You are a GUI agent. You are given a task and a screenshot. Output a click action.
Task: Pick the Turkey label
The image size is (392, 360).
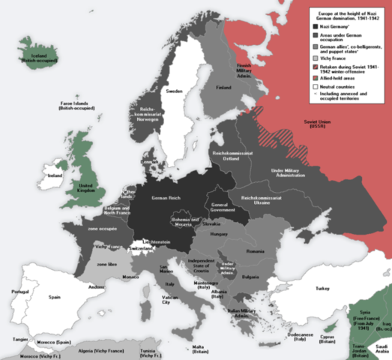coord(322,288)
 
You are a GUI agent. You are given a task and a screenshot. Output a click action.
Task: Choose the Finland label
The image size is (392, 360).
coord(224,107)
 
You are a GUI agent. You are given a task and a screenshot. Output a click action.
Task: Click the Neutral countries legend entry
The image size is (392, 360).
coord(342,86)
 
